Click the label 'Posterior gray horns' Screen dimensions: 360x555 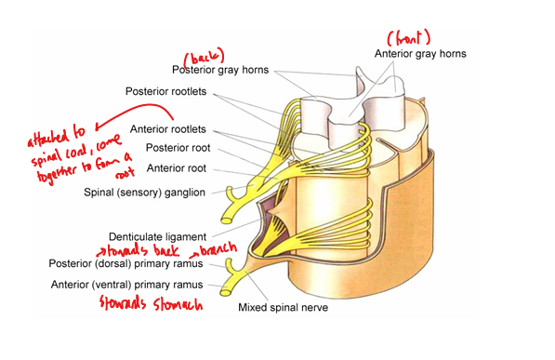coord(221,69)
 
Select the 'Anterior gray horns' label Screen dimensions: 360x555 coord(420,54)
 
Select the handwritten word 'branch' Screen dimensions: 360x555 coord(214,251)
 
